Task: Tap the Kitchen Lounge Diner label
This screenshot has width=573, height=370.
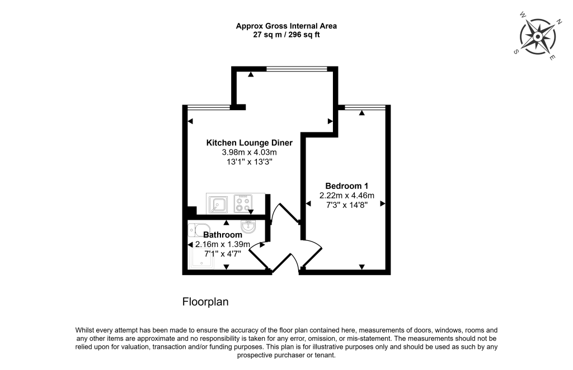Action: coord(249,143)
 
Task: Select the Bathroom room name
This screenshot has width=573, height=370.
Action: coord(223,235)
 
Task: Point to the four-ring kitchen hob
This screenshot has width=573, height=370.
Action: coord(243,204)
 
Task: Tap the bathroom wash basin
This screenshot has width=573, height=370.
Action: coord(249,226)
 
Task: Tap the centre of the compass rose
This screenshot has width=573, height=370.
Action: coord(537,37)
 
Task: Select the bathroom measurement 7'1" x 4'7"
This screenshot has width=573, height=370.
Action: coord(223,254)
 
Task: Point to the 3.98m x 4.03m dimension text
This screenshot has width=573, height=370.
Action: coord(250,152)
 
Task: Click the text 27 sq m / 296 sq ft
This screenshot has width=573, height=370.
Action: coord(286,35)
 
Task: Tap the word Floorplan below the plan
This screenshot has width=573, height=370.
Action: coord(205,302)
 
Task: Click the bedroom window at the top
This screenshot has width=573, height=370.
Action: coord(364,107)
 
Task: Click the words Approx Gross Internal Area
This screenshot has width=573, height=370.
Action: coord(286,26)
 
